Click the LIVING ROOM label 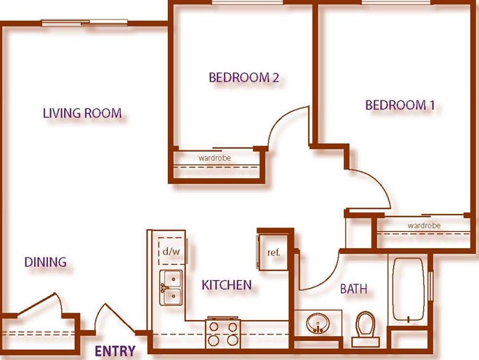(x=82, y=113)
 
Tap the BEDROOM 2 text (x=243, y=78)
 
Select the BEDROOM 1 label (x=400, y=105)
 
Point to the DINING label (x=46, y=263)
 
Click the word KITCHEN (x=227, y=285)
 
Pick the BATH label (x=354, y=289)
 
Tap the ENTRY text (x=115, y=351)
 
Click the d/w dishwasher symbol (x=172, y=251)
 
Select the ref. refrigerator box (x=273, y=252)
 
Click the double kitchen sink (x=171, y=287)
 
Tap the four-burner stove (x=223, y=333)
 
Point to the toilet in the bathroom (x=366, y=329)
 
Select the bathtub (x=408, y=289)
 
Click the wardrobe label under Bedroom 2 (x=214, y=158)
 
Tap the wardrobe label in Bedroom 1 (x=424, y=225)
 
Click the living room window (x=84, y=23)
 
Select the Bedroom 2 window (x=247, y=2)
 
